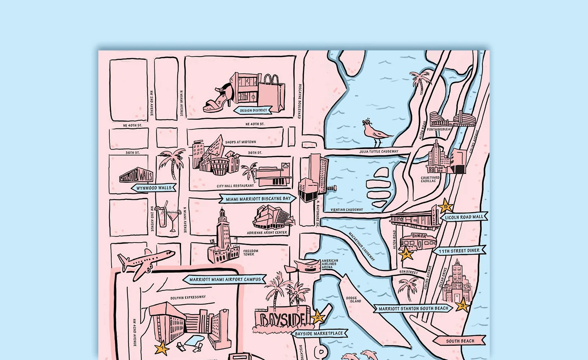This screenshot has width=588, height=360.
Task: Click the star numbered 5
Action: (x=445, y=206)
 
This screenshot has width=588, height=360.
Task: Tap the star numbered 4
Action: (x=406, y=254)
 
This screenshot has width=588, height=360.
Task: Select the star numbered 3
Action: (x=462, y=304)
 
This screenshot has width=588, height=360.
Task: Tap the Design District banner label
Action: (x=253, y=110)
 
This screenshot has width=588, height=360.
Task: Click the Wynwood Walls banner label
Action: (x=154, y=188)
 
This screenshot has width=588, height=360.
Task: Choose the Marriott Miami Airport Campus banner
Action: (x=225, y=280)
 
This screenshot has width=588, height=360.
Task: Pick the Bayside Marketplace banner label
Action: (x=319, y=334)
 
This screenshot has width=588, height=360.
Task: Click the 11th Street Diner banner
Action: (x=459, y=251)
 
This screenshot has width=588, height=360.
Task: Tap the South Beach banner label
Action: (x=459, y=341)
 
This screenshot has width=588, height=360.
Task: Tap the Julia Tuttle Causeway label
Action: (x=379, y=151)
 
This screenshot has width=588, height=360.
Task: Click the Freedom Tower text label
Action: (x=250, y=253)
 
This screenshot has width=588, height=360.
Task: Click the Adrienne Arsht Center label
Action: (x=267, y=233)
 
